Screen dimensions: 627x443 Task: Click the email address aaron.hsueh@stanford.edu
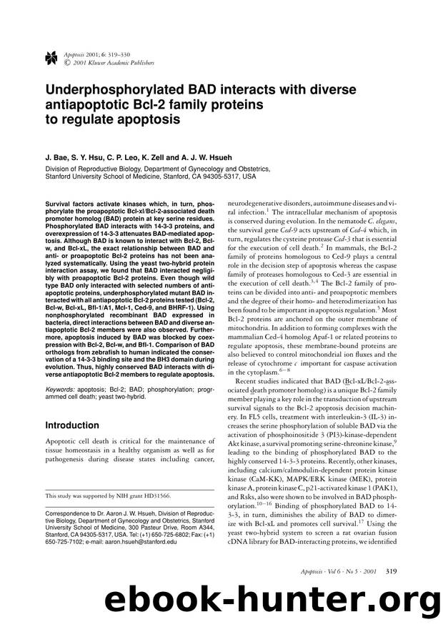coord(134,543)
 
